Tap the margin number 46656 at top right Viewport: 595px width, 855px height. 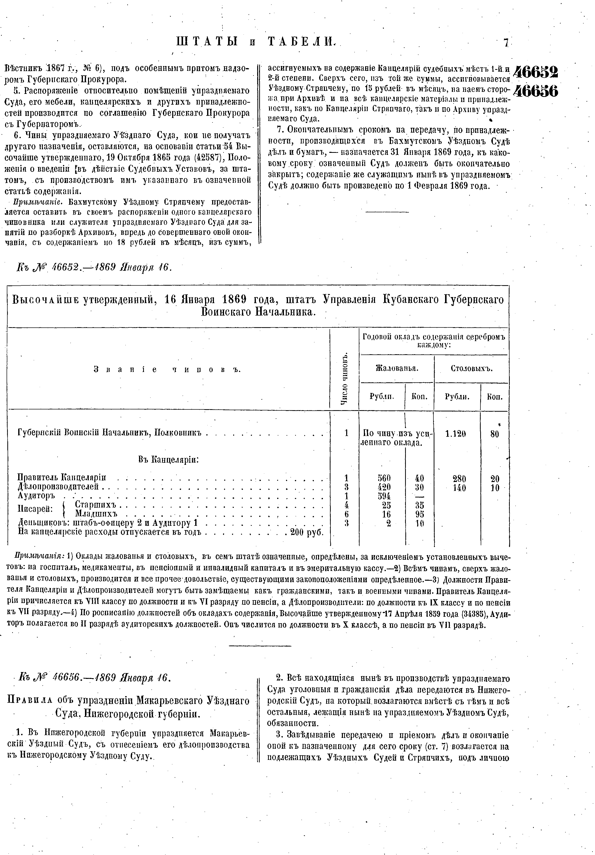[x=536, y=91]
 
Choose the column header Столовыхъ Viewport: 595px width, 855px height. [x=471, y=369]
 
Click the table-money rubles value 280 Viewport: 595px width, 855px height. [x=459, y=478]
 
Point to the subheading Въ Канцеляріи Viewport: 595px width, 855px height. [x=168, y=460]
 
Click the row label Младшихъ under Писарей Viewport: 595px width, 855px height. [x=96, y=514]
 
